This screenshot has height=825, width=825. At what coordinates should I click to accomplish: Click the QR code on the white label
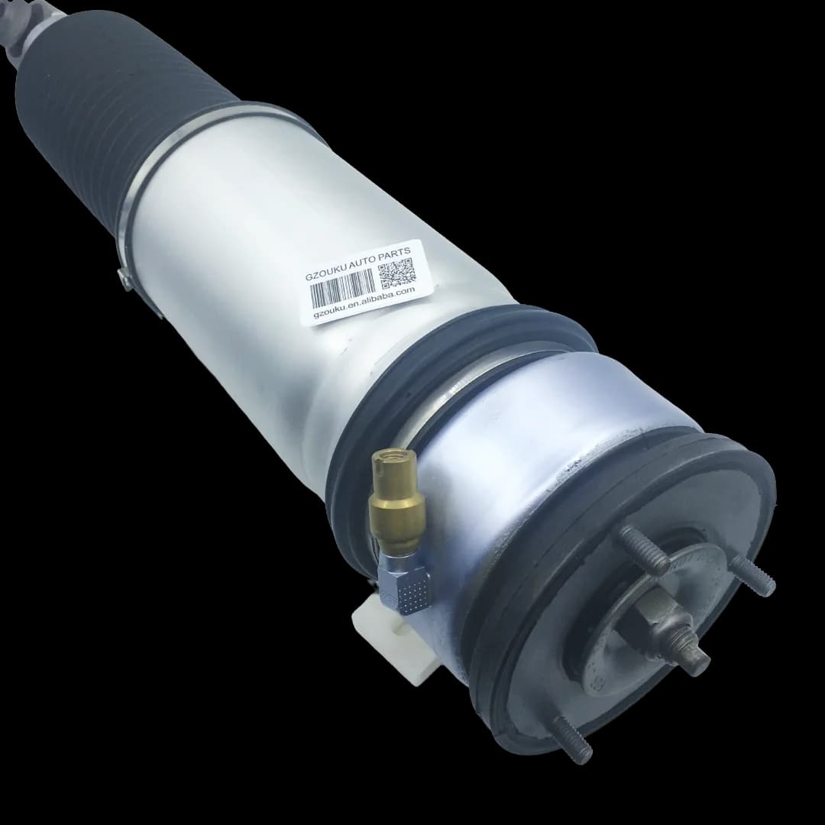point(396,273)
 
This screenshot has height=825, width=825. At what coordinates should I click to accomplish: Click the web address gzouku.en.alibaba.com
point(364,303)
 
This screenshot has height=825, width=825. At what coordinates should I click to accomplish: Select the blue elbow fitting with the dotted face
point(406,579)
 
